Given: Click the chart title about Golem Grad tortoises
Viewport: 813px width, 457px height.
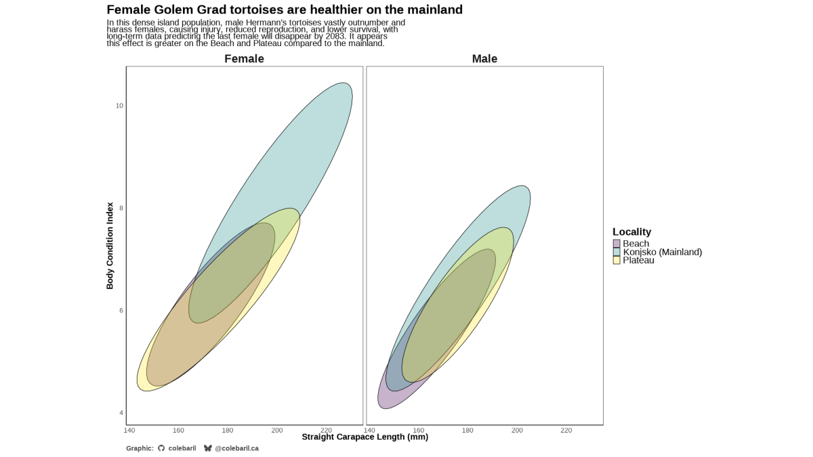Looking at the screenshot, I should [285, 10].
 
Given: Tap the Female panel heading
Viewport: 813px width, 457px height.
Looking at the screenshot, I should [244, 59].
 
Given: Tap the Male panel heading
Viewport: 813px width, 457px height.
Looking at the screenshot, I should [484, 59].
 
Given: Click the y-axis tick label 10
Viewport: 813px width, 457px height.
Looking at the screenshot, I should [119, 106].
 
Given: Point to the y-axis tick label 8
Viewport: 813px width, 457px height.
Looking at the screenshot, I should [121, 208].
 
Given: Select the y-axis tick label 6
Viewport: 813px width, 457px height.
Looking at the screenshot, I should [121, 310].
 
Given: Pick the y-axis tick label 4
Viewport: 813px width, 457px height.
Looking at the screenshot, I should [121, 413].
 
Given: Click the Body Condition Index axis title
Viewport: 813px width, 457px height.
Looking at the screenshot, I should [110, 245].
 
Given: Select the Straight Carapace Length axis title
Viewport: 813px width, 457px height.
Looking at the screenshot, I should [364, 437].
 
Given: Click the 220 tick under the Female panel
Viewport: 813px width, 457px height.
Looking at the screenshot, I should [326, 430].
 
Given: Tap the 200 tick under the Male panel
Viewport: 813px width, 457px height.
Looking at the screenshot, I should [517, 430].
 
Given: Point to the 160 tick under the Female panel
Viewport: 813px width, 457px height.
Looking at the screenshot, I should [178, 430].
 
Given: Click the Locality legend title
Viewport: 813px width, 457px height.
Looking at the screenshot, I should [631, 232].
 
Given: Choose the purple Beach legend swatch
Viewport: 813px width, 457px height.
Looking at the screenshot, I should [617, 244].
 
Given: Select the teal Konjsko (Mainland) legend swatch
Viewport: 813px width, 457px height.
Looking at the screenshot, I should [617, 252].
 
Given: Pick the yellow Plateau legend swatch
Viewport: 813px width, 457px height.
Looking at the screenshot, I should [617, 260].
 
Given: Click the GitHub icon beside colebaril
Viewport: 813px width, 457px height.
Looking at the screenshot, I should [161, 448].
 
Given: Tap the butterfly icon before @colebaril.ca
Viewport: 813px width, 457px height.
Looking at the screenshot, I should [208, 448].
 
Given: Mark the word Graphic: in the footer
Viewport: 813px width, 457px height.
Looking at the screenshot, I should [140, 448].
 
